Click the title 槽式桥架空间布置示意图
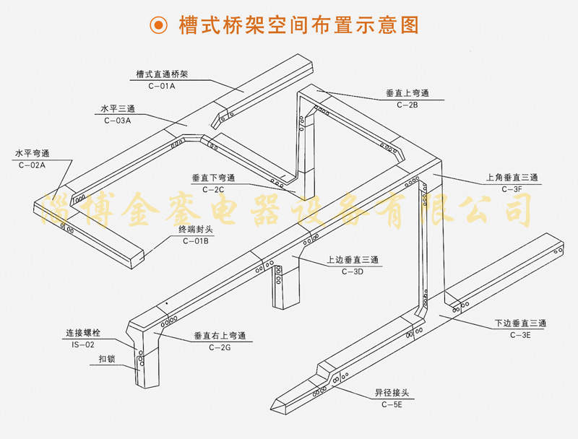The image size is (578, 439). click(x=298, y=26)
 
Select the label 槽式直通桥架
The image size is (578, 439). click(x=162, y=74)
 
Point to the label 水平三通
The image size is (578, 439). click(x=118, y=109)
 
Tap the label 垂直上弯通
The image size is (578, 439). click(x=407, y=93)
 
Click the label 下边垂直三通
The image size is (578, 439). click(x=521, y=323)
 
